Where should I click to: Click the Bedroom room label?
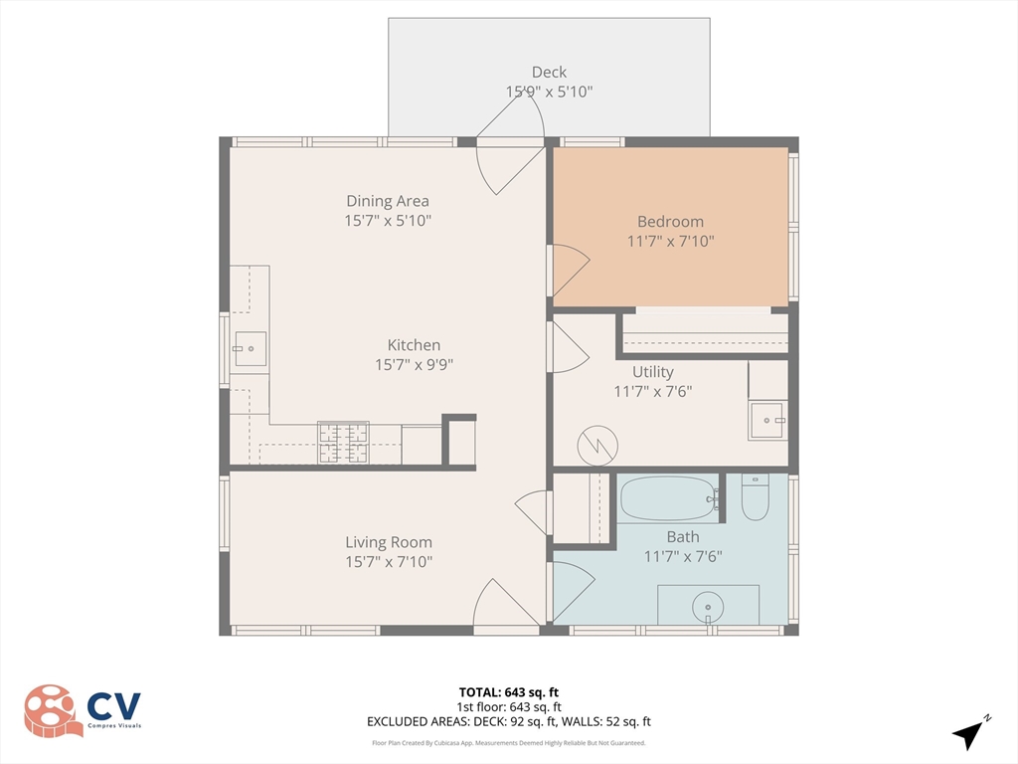[670, 222]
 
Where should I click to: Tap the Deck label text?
[549, 72]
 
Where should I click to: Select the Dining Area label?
[388, 201]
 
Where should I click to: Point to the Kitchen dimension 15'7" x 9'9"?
[414, 365]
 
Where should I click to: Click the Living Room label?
[389, 542]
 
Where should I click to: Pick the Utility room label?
[653, 372]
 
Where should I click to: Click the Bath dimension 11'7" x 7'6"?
[683, 557]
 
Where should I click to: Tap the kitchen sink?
[250, 349]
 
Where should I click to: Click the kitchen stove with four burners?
[343, 443]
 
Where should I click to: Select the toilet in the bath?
[756, 497]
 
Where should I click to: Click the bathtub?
[669, 498]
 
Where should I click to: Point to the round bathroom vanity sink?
[708, 608]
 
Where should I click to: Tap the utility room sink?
[767, 421]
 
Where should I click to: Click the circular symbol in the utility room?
[597, 446]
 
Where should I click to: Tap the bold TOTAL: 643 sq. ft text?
[508, 692]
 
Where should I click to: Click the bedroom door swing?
[571, 270]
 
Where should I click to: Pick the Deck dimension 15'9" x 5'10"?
[549, 92]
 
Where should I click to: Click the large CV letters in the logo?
[114, 705]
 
